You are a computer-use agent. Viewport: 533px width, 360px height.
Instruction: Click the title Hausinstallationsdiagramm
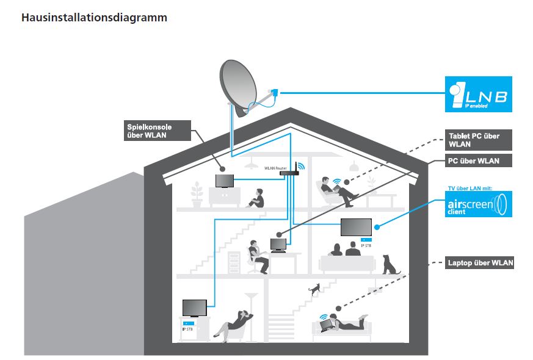pos(94,18)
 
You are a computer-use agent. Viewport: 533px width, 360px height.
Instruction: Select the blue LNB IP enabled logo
pos(478,94)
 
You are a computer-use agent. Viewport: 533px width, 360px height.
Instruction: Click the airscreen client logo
pos(478,204)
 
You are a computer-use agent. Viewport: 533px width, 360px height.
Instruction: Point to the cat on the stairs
pos(314,289)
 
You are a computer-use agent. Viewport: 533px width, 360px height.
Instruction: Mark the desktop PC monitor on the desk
pos(278,244)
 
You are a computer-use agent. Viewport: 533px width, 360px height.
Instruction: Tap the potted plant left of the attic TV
pos(197,195)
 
